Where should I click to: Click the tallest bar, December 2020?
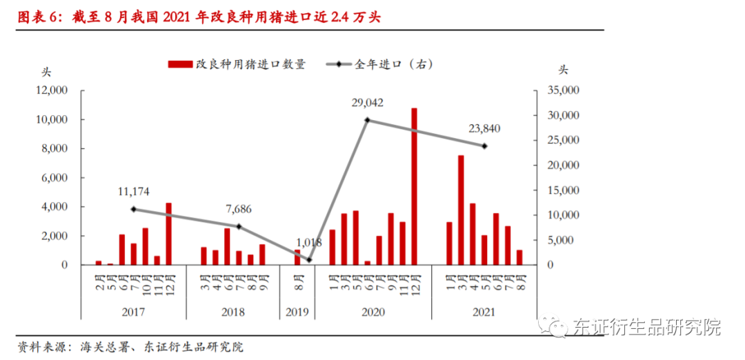415,186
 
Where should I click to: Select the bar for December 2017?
169,234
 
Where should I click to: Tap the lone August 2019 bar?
298,257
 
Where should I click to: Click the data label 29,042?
367,103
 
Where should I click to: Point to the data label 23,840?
484,128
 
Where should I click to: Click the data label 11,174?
134,191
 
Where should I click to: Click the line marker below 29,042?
368,120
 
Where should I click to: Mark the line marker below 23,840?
484,146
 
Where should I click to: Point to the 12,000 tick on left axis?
52,90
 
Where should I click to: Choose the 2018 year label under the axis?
233,312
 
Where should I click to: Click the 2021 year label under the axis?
484,312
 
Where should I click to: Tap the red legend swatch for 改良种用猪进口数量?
180,64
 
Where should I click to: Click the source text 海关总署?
94,347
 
